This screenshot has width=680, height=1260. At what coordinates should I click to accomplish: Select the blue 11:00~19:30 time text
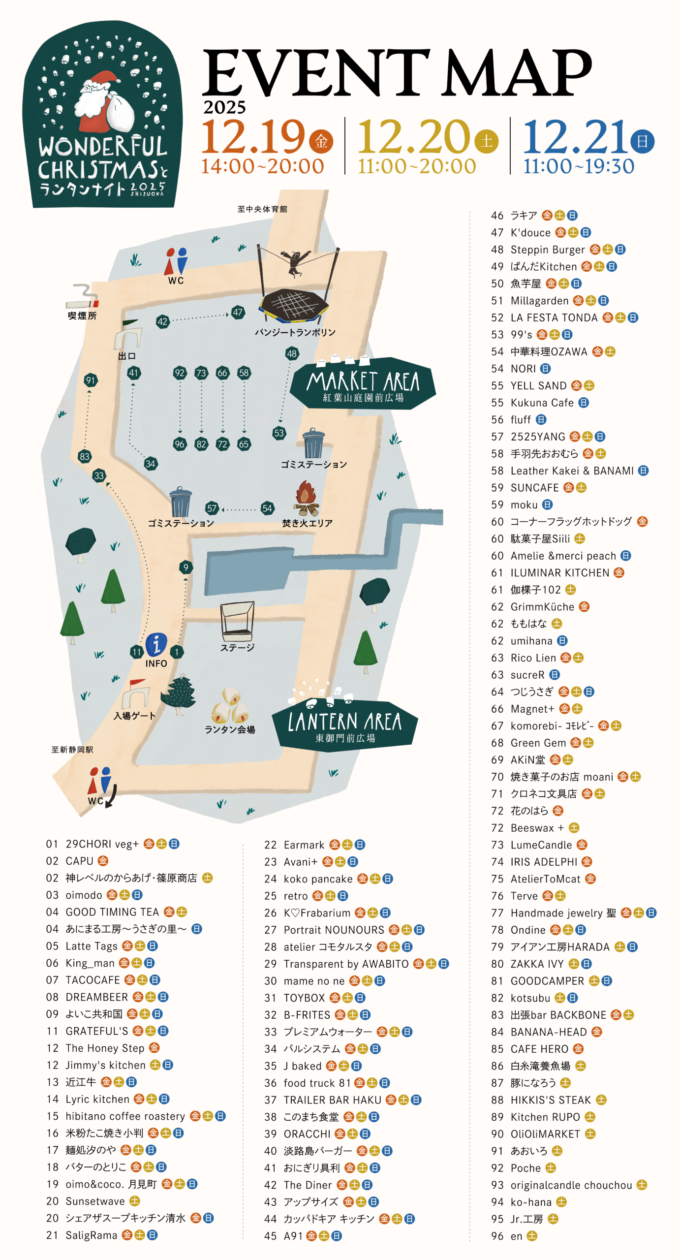pos(578,166)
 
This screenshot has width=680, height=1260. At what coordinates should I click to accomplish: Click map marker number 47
pos(238,312)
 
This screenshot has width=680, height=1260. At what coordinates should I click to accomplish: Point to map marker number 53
pos(279,433)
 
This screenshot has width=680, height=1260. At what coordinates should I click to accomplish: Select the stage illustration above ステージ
pos(237,620)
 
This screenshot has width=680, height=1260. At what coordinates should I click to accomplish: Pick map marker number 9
pos(185,567)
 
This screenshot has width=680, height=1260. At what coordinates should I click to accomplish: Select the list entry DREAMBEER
pos(96,997)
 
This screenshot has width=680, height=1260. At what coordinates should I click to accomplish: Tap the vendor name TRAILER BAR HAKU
pos(333,1100)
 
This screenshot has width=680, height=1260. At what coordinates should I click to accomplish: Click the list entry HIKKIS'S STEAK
pos(551,1100)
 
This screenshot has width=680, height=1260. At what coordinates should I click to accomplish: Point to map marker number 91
pos(90,380)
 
